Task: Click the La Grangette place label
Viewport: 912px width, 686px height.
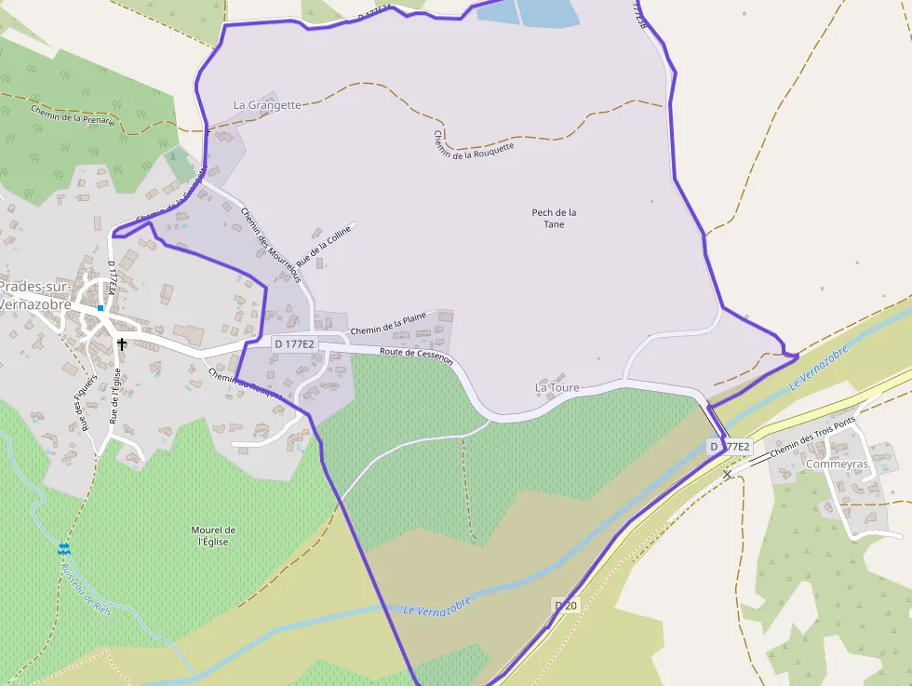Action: tap(267, 105)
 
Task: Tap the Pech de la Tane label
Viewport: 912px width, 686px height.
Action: tap(554, 218)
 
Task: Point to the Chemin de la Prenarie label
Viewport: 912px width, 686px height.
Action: tap(73, 114)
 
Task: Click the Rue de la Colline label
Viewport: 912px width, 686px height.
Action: tap(324, 245)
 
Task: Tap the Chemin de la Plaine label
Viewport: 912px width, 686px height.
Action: tap(388, 324)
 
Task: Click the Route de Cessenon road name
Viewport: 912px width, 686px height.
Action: tap(416, 354)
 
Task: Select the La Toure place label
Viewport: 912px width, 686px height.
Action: tap(557, 387)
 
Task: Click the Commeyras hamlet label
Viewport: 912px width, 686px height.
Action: tap(838, 464)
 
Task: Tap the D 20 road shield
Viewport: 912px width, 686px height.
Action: tap(566, 606)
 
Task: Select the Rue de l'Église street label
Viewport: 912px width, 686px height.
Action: tap(115, 397)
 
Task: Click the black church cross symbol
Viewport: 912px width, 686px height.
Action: tap(122, 344)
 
